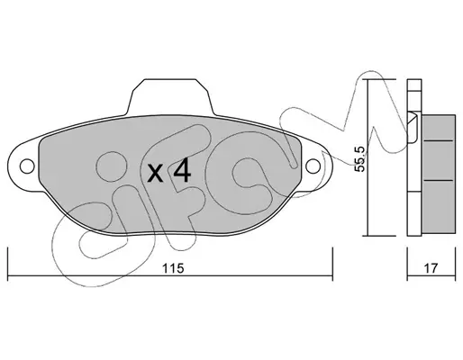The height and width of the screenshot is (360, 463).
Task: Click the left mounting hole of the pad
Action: [27, 166]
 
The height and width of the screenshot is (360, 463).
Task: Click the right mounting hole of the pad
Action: [313, 166]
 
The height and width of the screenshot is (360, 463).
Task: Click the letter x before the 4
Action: [155, 174]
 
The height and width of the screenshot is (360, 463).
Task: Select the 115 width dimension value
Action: [173, 268]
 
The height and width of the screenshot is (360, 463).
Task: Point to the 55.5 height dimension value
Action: [359, 159]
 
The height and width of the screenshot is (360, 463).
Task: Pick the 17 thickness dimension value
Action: [431, 268]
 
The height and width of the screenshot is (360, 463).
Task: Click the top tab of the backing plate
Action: [170, 96]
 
